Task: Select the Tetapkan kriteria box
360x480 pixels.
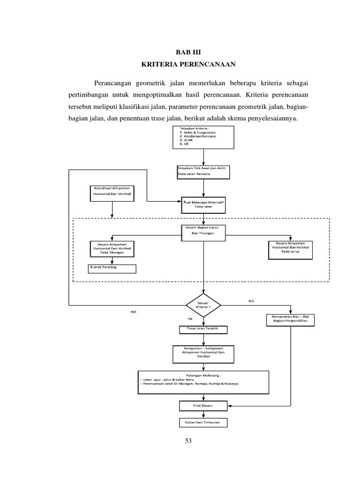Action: [x=202, y=137]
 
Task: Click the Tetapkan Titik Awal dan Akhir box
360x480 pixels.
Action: [x=203, y=171]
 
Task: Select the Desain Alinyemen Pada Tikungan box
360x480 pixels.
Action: [x=112, y=249]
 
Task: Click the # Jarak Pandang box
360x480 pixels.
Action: [x=112, y=269]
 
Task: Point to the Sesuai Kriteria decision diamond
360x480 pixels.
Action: [x=203, y=306]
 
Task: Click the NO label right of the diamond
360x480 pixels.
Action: [x=251, y=301]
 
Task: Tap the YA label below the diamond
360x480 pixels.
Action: [x=190, y=319]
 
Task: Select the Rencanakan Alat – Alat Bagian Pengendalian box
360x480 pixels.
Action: [x=291, y=319]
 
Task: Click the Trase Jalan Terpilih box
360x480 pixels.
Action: [x=203, y=330]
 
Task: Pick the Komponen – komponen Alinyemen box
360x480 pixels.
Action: [x=203, y=353]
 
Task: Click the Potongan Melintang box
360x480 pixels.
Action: [x=203, y=380]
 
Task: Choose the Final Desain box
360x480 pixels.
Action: [x=203, y=405]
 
